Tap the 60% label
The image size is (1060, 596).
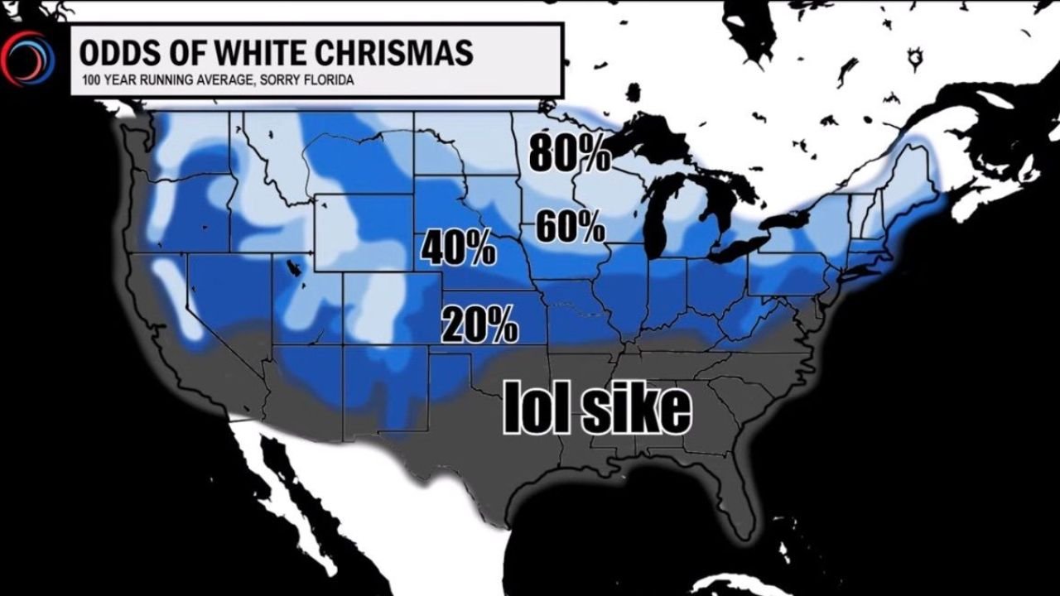[570, 226]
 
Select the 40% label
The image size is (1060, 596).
[459, 248]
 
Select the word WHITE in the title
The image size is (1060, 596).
[249, 53]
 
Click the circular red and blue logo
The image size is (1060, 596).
[27, 59]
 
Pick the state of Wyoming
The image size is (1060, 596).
[364, 232]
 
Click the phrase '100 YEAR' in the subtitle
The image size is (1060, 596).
[104, 81]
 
